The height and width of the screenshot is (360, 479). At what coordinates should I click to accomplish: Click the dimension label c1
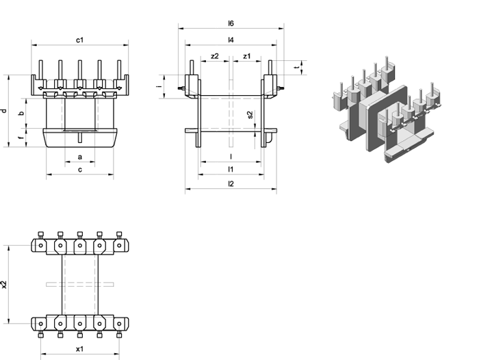[80, 40]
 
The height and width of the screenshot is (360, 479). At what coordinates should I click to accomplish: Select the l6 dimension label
[231, 23]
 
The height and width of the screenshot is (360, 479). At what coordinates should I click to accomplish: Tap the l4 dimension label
[231, 40]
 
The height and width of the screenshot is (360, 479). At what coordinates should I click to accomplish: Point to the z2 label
[215, 56]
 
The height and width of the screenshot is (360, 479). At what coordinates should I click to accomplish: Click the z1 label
[247, 56]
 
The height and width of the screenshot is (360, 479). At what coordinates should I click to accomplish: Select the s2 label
[250, 115]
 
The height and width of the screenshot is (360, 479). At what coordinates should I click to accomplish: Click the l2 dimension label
[231, 183]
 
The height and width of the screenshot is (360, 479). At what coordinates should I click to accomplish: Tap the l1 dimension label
[231, 169]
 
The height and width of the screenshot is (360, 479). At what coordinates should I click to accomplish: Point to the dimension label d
[4, 111]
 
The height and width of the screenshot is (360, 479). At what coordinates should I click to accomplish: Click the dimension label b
[21, 114]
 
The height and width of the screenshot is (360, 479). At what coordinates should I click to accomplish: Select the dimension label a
[80, 157]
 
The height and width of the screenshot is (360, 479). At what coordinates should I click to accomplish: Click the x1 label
[80, 348]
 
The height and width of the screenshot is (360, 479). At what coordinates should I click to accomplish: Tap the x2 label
[4, 285]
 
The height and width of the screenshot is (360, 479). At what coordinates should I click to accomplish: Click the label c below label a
[80, 170]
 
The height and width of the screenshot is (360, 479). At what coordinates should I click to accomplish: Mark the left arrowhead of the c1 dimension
[34, 45]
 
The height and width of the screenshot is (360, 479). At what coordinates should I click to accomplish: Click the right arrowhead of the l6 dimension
[281, 29]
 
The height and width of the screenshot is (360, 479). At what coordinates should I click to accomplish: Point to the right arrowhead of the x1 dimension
[116, 355]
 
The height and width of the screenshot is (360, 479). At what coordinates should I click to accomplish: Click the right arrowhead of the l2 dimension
[274, 189]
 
